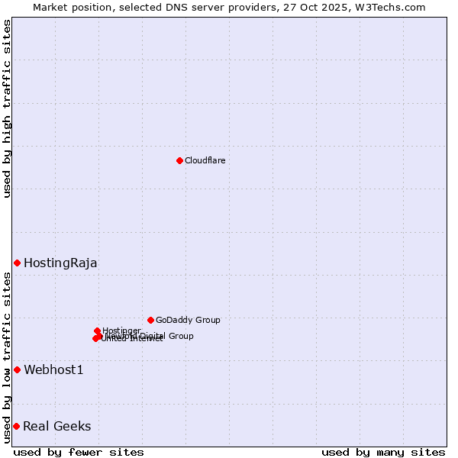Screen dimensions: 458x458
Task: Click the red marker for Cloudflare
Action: [179, 160]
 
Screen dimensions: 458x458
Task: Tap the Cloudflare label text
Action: [205, 160]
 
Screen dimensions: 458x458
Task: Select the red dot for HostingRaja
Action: [17, 263]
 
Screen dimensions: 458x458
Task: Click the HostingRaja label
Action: [60, 263]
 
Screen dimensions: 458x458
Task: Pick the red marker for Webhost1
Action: [17, 369]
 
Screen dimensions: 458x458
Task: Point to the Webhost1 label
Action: [53, 370]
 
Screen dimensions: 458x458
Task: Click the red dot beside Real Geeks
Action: [16, 426]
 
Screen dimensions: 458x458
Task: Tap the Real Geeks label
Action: [56, 427]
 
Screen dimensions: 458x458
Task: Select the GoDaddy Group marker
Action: [150, 320]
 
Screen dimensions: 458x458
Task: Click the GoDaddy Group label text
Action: [188, 321]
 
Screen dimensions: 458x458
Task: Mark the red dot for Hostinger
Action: [97, 331]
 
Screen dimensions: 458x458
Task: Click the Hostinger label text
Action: [121, 331]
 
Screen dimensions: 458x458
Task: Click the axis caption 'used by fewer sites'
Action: [79, 452]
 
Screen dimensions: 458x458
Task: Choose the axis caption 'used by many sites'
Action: [383, 452]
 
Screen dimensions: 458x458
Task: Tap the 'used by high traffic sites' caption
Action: [8, 109]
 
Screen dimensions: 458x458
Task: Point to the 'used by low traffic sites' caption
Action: [8, 358]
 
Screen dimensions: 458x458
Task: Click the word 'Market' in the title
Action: [50, 7]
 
